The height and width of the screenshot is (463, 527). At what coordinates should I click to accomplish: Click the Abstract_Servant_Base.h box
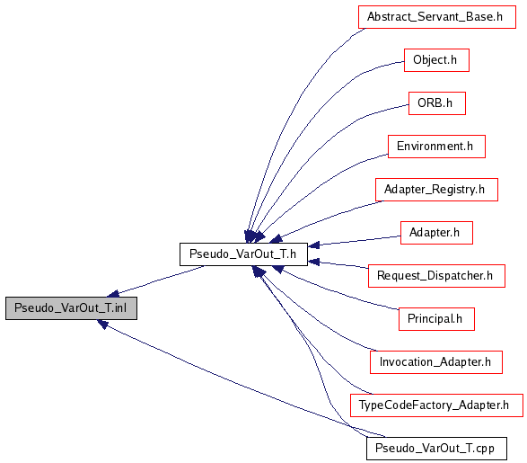click(x=437, y=17)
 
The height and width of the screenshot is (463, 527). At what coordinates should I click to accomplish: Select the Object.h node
click(x=436, y=60)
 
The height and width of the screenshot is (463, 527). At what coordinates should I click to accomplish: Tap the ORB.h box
click(x=437, y=103)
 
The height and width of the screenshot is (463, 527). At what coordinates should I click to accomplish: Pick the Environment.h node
click(x=436, y=147)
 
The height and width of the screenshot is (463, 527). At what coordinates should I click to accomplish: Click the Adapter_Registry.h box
click(x=436, y=190)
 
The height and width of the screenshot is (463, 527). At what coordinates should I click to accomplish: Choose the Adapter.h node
click(x=436, y=233)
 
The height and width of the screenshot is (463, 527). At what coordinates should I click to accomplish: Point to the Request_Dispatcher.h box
click(x=436, y=276)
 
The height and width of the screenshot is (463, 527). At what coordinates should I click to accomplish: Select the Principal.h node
click(x=436, y=319)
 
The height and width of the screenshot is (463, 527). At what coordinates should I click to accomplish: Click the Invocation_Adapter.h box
click(x=436, y=362)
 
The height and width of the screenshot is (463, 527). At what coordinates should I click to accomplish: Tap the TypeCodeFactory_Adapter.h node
click(x=436, y=405)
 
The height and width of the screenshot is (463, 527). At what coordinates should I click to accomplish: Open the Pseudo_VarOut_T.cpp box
click(x=436, y=449)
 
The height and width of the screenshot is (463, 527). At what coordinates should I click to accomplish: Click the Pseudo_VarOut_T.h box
click(x=243, y=254)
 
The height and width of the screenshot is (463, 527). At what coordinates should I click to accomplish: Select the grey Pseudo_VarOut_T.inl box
click(x=71, y=308)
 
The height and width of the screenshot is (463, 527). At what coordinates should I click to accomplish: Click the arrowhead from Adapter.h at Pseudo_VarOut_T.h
click(x=313, y=245)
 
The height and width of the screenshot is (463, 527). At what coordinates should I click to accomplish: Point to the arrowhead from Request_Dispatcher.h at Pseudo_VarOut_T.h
click(x=313, y=262)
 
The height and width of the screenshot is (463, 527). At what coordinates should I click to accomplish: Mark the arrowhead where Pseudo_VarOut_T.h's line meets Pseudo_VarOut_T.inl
click(x=113, y=294)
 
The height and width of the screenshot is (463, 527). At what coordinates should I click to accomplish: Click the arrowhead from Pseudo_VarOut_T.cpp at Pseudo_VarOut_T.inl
click(x=102, y=324)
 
